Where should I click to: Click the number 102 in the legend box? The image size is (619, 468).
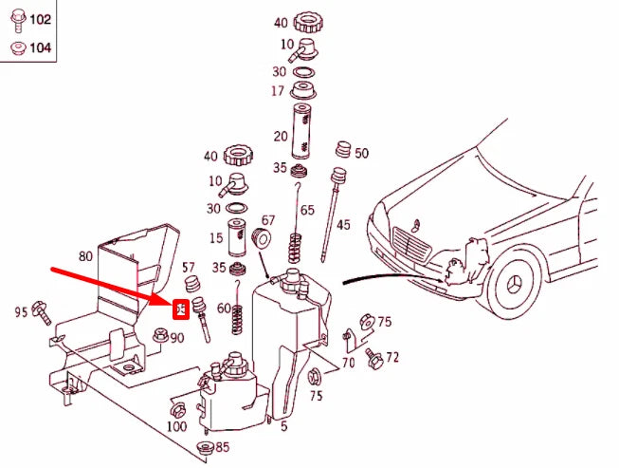[x=40, y=19]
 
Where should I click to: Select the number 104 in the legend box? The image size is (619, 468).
[x=40, y=47]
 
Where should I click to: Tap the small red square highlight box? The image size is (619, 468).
[x=179, y=309]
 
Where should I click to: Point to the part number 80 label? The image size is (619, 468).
[x=86, y=255]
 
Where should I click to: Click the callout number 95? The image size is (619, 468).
[x=21, y=311]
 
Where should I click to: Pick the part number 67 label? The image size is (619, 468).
[x=268, y=220]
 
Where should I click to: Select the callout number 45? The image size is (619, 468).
[x=342, y=225]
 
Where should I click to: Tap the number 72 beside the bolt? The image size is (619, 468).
[x=392, y=358]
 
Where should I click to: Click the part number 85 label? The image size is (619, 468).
[x=222, y=446]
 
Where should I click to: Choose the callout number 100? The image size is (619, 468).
[x=176, y=426]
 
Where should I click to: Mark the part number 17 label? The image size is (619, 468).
[x=278, y=91]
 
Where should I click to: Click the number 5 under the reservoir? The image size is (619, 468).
[x=283, y=426]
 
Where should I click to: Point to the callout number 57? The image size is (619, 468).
[x=189, y=267]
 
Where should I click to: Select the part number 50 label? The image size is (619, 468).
[x=361, y=153]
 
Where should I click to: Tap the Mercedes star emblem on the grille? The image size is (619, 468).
[x=410, y=234]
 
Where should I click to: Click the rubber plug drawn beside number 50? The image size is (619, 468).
[x=343, y=150]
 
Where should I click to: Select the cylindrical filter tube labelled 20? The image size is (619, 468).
[x=303, y=132]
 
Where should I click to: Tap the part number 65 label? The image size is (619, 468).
[x=306, y=210]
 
